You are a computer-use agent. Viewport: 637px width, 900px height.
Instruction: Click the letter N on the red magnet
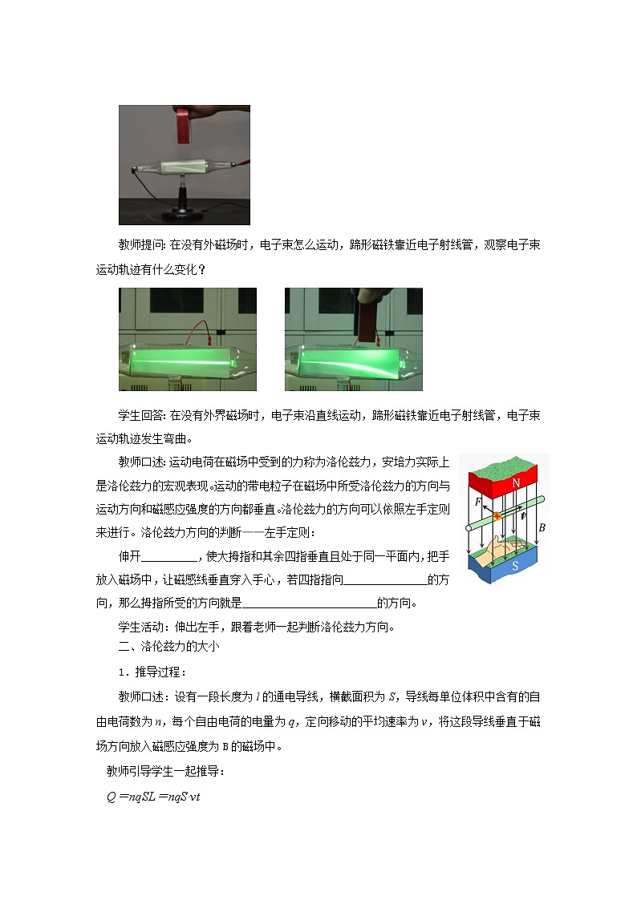[x=517, y=482]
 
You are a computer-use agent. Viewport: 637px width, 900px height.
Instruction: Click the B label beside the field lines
[x=542, y=528]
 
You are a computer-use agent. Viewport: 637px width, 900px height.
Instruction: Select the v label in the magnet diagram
[x=523, y=516]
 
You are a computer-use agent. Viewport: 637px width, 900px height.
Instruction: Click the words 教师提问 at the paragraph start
[x=140, y=245]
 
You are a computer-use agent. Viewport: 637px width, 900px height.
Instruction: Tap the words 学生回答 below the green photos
[x=140, y=415]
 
